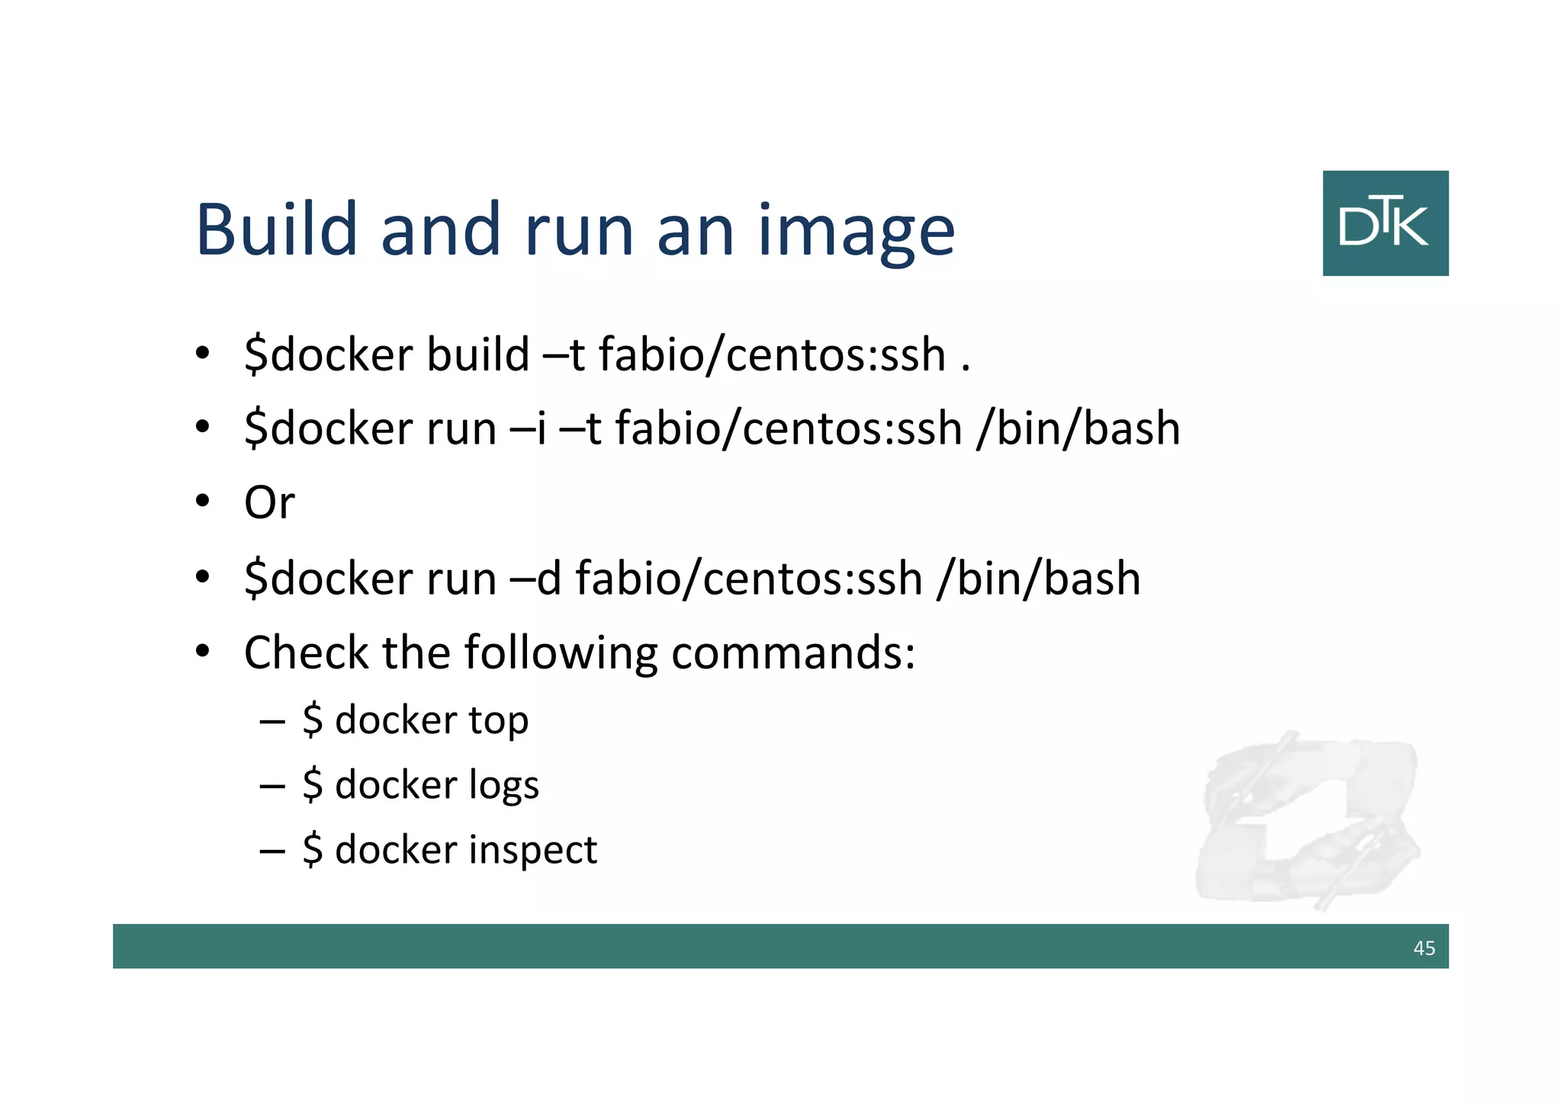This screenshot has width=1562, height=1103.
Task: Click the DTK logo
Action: point(1385,223)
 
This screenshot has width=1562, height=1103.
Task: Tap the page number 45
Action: point(1424,948)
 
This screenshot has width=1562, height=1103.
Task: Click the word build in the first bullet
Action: point(478,354)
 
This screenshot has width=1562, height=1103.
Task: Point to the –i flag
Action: point(529,428)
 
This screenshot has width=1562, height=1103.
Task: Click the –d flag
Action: point(535,579)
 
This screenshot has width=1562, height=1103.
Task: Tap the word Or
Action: point(269,503)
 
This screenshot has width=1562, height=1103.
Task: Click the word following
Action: point(561,654)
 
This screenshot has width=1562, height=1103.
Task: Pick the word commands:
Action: point(793,653)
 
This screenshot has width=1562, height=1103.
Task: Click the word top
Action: point(498,721)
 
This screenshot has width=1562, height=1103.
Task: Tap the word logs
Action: point(503,786)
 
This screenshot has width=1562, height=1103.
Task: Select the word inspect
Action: point(532,851)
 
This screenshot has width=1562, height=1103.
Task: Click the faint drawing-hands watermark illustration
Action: point(1309,820)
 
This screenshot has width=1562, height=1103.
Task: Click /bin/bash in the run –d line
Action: point(1039,579)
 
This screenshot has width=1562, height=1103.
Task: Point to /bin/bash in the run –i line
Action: point(1078,428)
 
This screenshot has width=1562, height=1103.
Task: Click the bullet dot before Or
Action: point(202,502)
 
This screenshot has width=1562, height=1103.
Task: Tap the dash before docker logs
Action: point(272,785)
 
